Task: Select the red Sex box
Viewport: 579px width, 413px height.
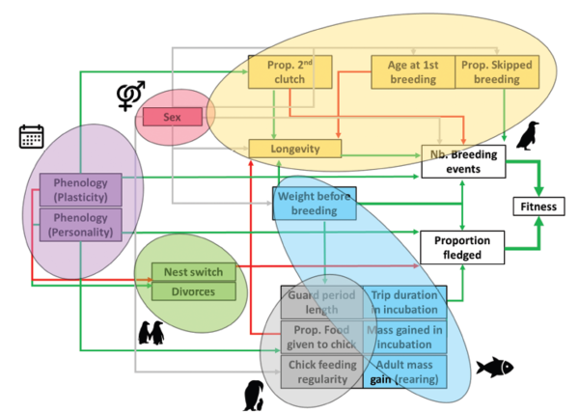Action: (x=174, y=117)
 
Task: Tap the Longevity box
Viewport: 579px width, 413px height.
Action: (x=296, y=149)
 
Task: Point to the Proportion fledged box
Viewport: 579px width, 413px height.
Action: (x=463, y=247)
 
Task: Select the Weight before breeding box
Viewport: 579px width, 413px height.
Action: (x=315, y=203)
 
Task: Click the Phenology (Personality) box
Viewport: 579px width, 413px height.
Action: (x=80, y=224)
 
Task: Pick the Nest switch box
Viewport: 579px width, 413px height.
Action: (x=193, y=273)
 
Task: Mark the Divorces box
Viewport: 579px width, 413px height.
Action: (x=193, y=290)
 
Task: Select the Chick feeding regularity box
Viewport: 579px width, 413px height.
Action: (x=322, y=372)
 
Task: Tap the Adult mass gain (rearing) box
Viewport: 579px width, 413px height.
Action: (x=405, y=372)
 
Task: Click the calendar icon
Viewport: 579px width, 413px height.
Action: (x=31, y=137)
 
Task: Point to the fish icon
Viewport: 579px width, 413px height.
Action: (x=494, y=366)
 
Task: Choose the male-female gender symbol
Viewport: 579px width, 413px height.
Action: (x=129, y=96)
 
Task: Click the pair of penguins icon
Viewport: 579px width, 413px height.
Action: (x=152, y=334)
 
